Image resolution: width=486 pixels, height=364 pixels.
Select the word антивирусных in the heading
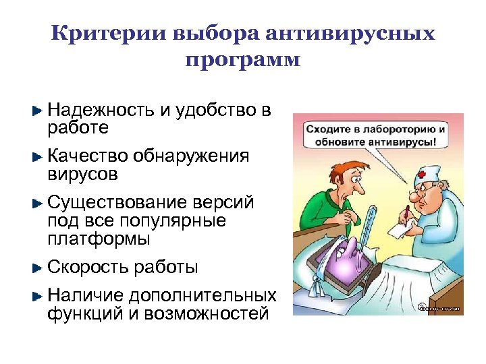(349, 34)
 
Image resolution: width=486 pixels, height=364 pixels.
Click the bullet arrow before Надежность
(38, 109)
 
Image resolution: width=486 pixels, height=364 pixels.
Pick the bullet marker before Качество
(38, 157)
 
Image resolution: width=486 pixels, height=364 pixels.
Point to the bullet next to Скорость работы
(38, 268)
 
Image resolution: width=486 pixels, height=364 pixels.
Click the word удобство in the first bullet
(215, 109)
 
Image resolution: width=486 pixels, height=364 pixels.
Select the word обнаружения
(191, 156)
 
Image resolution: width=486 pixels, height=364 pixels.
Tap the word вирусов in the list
(82, 175)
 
